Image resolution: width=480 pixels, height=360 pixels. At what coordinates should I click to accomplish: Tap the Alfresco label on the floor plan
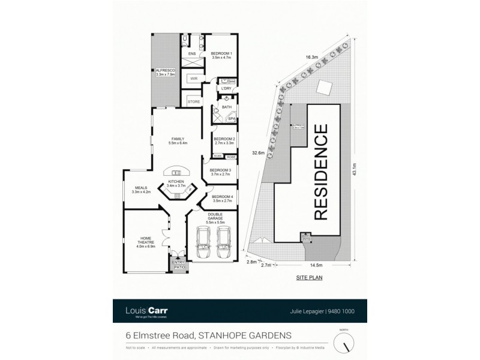pos(164,72)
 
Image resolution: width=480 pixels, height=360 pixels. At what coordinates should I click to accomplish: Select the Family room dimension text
pos(179,143)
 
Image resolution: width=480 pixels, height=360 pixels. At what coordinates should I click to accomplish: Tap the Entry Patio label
pos(178,265)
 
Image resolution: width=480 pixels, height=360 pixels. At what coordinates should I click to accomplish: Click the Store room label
pos(193,102)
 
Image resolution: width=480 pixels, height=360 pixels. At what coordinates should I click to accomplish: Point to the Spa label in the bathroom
pos(230,119)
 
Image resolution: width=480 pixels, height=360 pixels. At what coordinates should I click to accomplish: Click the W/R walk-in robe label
pos(194,79)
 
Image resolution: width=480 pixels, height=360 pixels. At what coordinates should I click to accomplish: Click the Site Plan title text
pos(308,279)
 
